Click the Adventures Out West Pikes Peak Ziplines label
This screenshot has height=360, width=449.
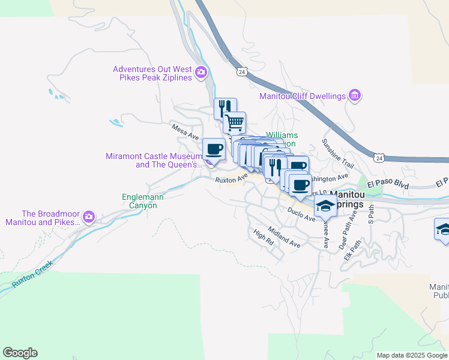point(152,73)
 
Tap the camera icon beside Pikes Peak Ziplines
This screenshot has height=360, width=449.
point(200,73)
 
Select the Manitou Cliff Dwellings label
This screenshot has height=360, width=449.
point(303,96)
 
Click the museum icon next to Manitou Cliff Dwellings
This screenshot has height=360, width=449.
point(355,95)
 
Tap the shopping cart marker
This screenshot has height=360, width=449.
point(235,122)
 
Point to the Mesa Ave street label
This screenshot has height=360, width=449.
point(185,132)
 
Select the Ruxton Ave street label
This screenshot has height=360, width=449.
point(232,178)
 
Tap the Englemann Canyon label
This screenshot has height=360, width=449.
point(139,201)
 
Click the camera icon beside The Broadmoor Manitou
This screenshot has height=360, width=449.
point(89,216)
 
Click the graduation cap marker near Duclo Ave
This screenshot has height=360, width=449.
point(325,205)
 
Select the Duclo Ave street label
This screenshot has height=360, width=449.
point(301,215)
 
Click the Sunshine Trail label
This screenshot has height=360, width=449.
point(338,153)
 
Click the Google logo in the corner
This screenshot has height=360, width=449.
point(20,353)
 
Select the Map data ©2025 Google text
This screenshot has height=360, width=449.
point(411,355)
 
